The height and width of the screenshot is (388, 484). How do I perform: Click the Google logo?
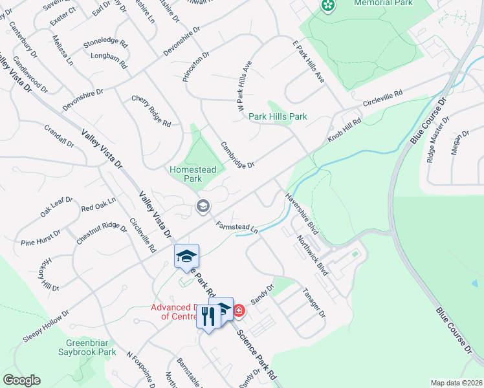(21, 380)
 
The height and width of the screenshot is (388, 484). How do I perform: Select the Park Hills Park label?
(278, 116)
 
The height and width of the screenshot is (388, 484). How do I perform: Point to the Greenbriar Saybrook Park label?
(91, 348)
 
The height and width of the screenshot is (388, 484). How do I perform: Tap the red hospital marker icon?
(239, 311)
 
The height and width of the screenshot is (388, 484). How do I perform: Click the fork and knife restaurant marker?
(208, 317)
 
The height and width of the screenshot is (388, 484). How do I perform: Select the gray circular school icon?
(202, 206)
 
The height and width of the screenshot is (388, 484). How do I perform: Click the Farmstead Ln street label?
(237, 227)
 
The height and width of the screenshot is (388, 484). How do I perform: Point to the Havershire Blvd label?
(303, 211)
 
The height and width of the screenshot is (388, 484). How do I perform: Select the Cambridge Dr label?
(237, 155)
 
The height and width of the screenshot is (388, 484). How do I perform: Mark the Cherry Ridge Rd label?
(151, 111)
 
